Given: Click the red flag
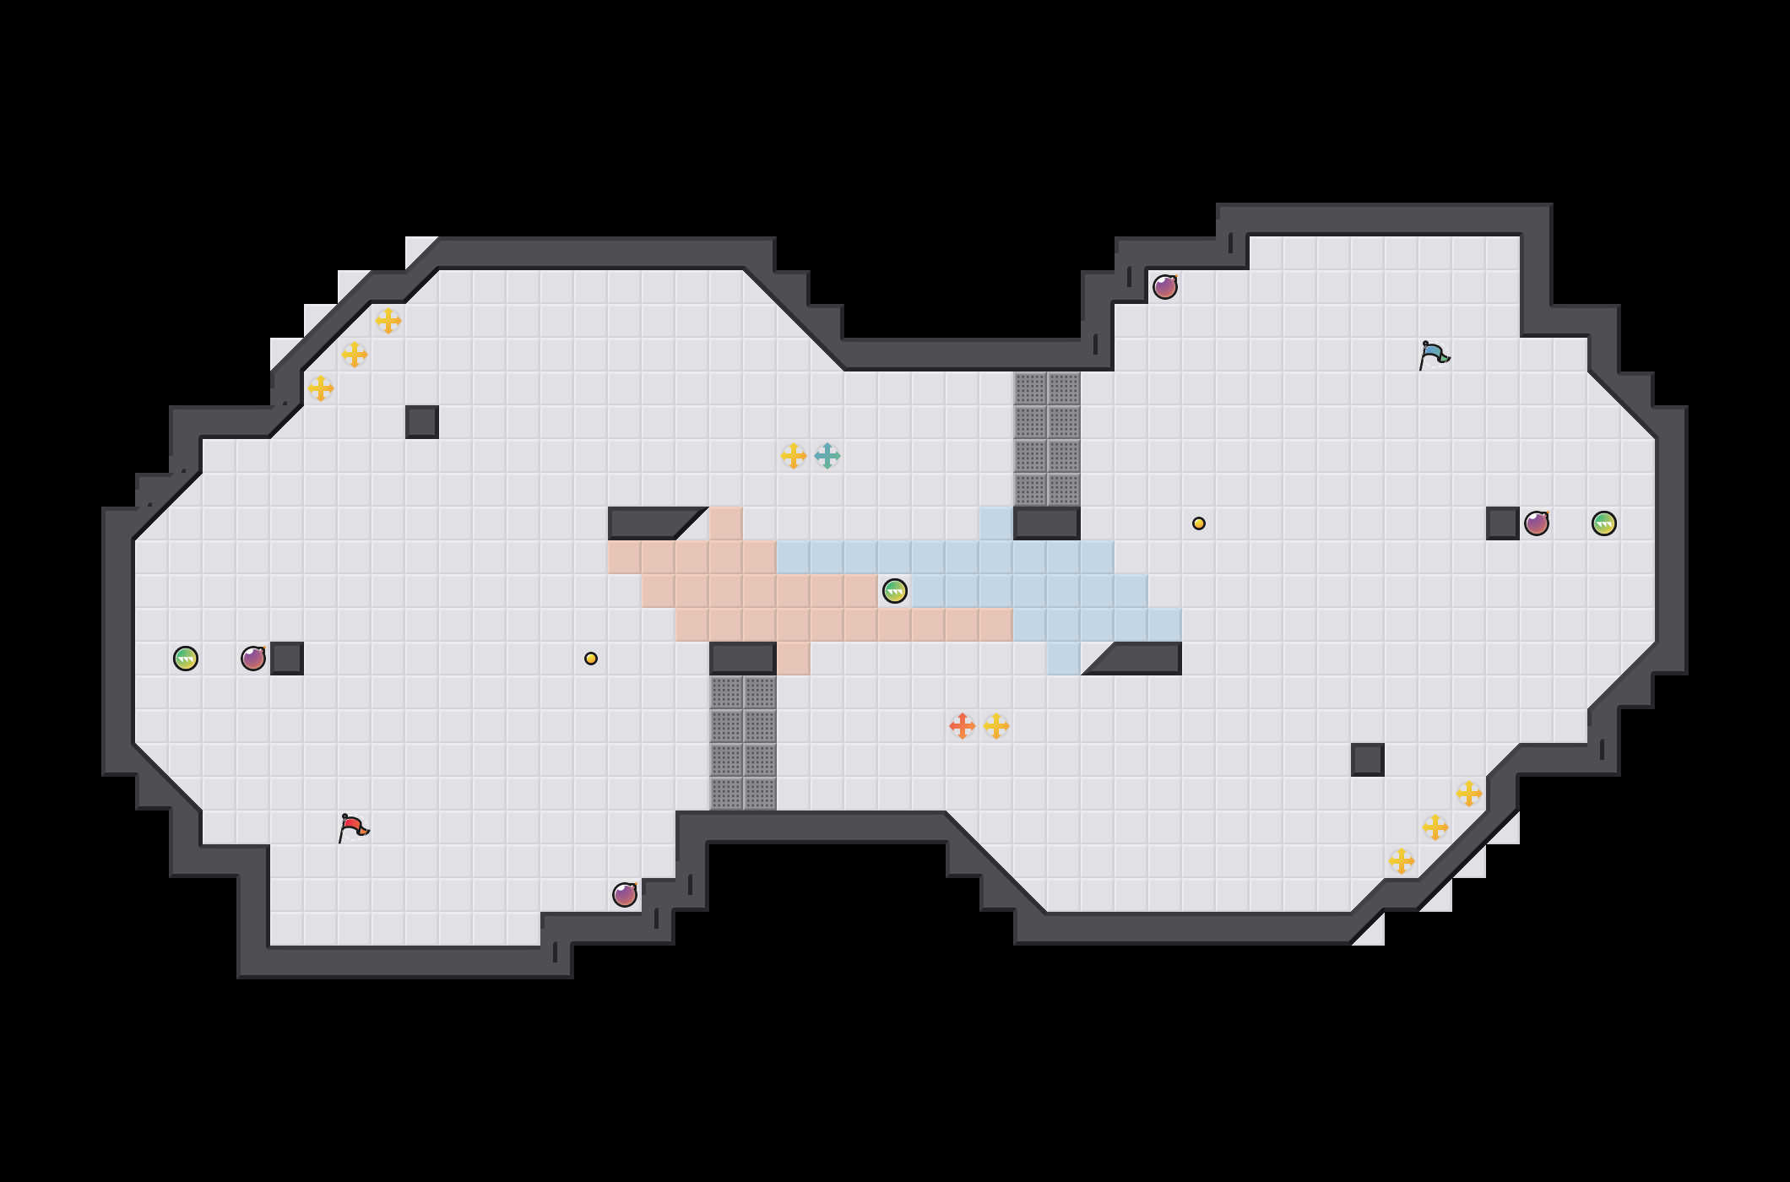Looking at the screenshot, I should click(353, 827).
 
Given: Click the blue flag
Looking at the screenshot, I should click(1434, 355).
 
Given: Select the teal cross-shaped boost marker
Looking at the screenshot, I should click(827, 456).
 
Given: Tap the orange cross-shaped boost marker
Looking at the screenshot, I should click(963, 726).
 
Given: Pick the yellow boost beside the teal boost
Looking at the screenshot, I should click(794, 456).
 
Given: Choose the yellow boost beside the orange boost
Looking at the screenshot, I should click(996, 726).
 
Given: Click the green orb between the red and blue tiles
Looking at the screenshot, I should click(895, 591).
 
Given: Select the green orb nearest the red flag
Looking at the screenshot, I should click(186, 659).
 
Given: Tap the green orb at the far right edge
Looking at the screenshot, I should click(1604, 523).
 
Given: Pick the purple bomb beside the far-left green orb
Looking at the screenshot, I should click(253, 659).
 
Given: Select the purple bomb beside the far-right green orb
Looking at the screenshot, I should click(1537, 523).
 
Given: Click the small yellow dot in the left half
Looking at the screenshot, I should click(591, 659).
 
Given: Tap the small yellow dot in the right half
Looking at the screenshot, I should click(1199, 523).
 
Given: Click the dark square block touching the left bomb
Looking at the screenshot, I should click(287, 659).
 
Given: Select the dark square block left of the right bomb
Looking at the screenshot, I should click(1503, 523).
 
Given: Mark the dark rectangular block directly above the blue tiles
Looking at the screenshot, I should click(1047, 523).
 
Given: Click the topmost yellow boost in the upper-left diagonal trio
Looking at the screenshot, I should click(388, 321).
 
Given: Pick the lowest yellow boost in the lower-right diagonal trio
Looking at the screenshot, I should click(1402, 861).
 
